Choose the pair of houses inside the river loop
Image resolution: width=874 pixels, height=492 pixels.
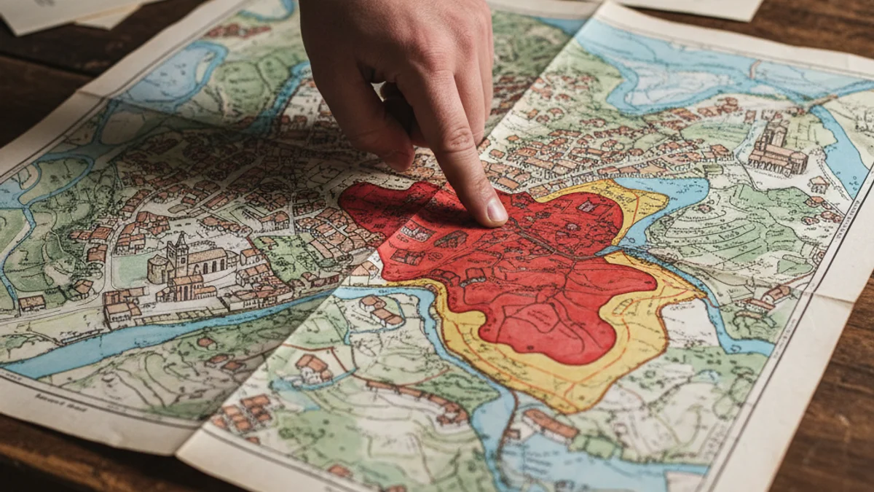(382, 310)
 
